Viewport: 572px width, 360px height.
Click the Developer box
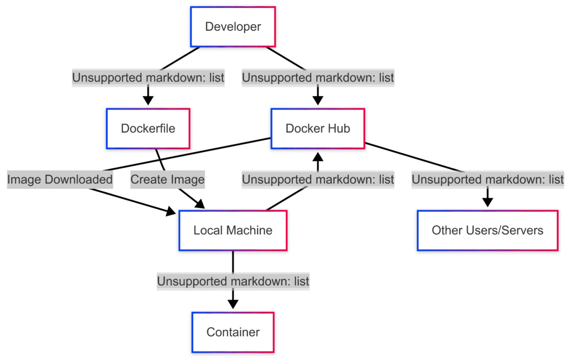(x=233, y=26)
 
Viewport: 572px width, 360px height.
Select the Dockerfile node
(x=148, y=129)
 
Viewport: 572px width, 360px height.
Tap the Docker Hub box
(x=318, y=129)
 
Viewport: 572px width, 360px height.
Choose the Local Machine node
(x=233, y=230)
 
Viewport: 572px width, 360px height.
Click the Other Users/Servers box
(x=487, y=230)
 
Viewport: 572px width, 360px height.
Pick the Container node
(x=233, y=332)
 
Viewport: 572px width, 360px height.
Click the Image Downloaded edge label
(x=60, y=179)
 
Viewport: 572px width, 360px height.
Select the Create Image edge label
(x=168, y=179)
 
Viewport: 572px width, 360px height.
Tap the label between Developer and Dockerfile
(x=148, y=78)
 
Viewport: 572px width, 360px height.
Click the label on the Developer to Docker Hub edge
(x=318, y=78)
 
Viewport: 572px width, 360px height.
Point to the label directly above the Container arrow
(x=233, y=281)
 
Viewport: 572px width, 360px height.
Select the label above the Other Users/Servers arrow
(x=487, y=179)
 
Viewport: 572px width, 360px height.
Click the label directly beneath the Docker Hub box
(x=318, y=179)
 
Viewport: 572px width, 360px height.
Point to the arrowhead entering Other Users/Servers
(x=487, y=202)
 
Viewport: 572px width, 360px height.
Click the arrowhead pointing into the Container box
(x=233, y=304)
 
